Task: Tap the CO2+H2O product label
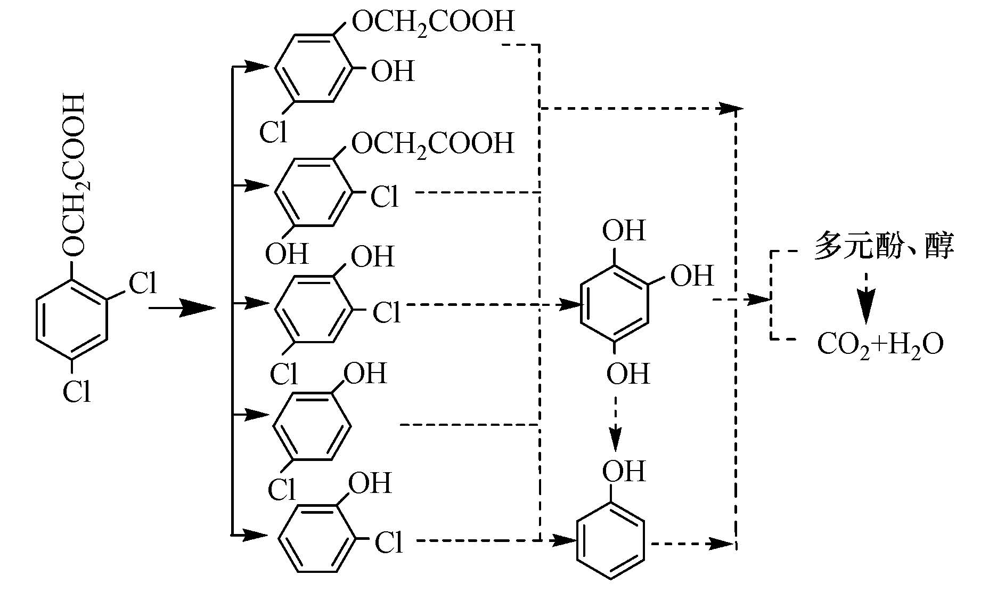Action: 880,345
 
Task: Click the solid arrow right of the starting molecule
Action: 182,307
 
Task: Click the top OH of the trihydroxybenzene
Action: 623,231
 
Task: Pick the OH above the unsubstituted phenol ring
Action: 623,472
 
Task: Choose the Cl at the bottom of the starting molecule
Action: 77,393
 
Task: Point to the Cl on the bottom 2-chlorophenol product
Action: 389,543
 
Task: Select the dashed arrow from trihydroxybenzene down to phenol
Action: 616,417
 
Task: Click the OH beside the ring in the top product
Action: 393,71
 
